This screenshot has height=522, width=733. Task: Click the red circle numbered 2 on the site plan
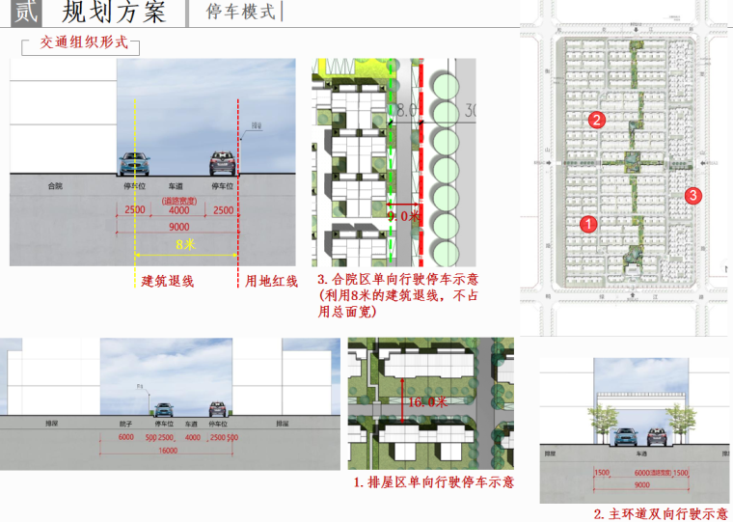(x=597, y=120)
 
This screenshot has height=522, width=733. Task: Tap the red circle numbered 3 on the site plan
(x=693, y=196)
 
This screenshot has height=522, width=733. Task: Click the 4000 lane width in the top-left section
(x=178, y=209)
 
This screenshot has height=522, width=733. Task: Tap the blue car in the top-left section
(x=134, y=163)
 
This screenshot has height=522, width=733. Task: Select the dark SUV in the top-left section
(x=223, y=162)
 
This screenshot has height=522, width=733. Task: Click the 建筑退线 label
(x=168, y=281)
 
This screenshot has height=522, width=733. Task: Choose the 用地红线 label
(x=271, y=281)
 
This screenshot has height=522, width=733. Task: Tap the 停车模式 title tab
(x=241, y=13)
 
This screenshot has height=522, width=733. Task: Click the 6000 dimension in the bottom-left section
(x=126, y=436)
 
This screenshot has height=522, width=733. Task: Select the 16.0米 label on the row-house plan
(x=425, y=401)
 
